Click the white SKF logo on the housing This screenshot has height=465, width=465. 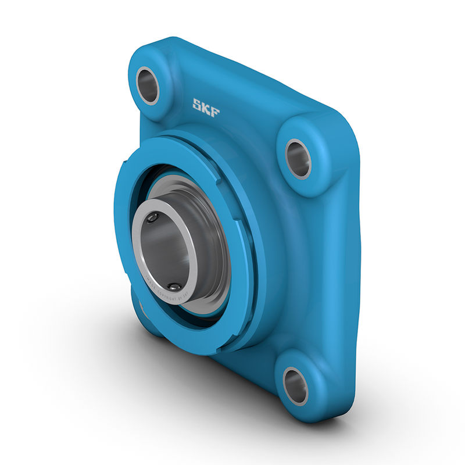pos(206,108)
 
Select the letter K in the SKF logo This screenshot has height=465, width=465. pos(206,108)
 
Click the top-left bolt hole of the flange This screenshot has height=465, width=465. pos(148,85)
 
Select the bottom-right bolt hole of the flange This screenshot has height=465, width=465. pos(295,386)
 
